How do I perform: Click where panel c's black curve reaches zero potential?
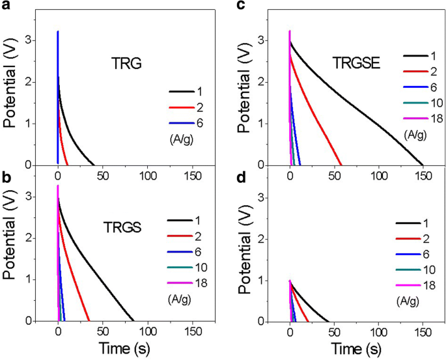point(423,165)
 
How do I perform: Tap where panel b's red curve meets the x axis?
point(89,320)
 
